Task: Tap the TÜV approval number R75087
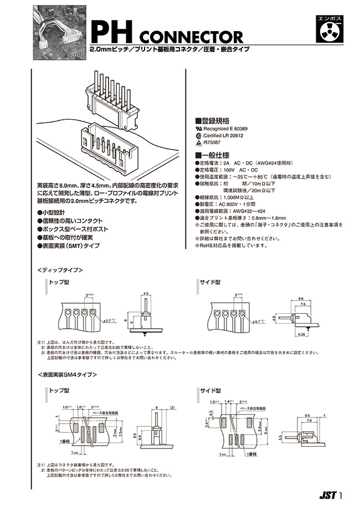pyautogui.click(x=214, y=142)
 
